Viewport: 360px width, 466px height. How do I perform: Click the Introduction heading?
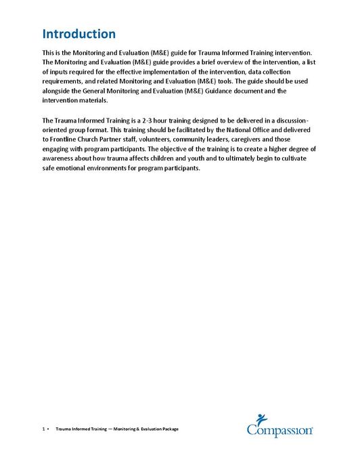coord(78,34)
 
